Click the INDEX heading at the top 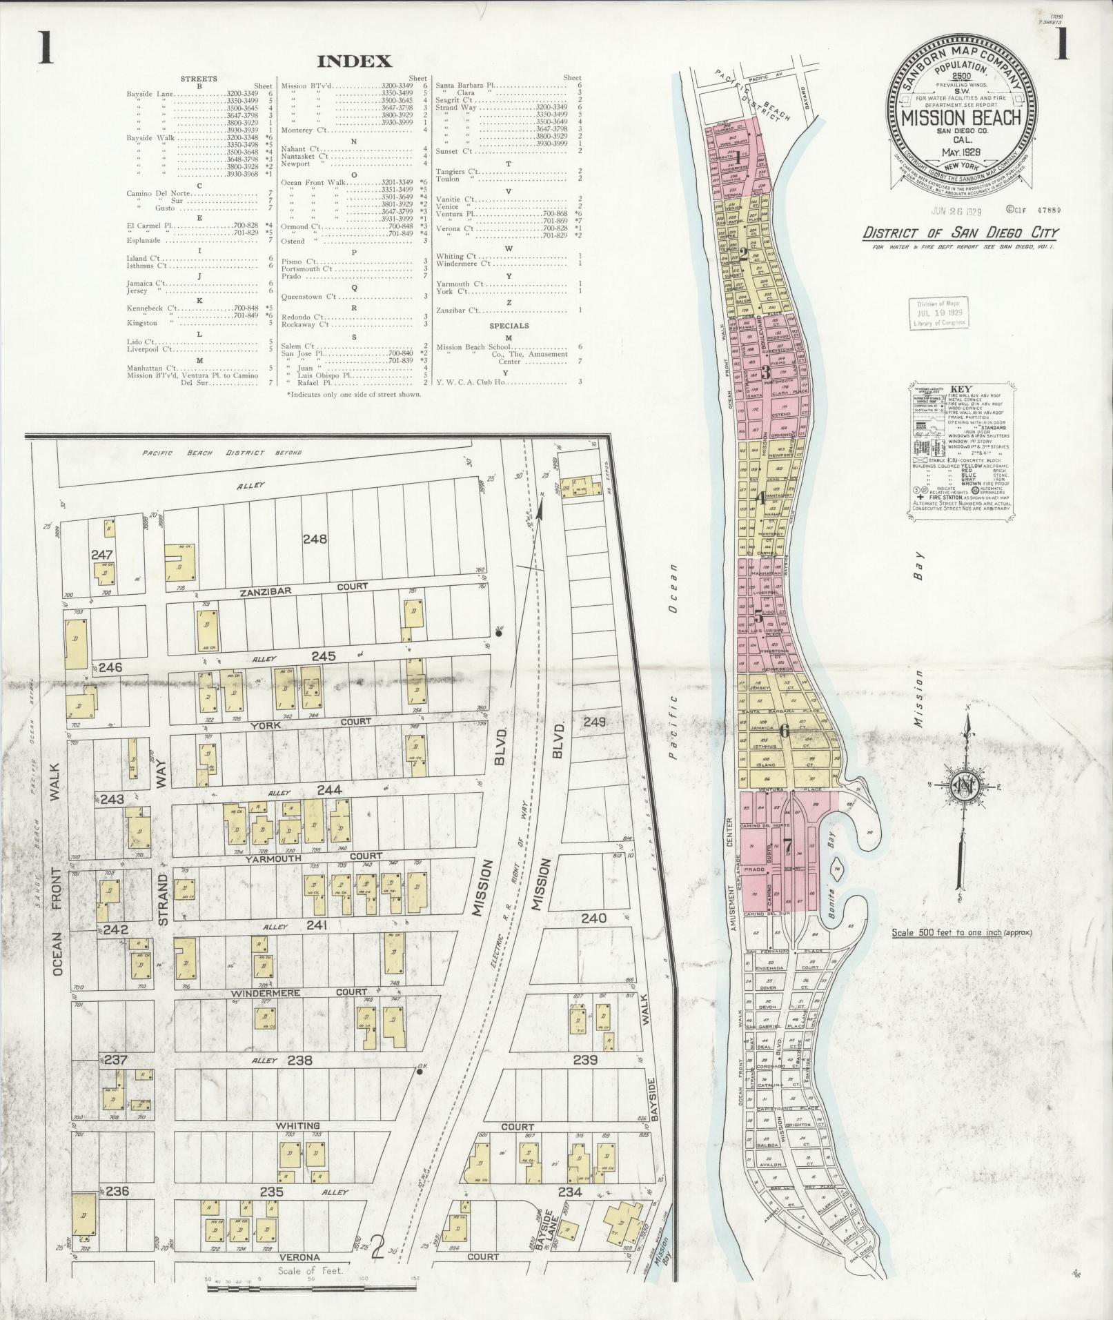pos(354,61)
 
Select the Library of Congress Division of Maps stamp pos(939,313)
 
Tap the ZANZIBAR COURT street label pos(304,586)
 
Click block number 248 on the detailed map pos(319,539)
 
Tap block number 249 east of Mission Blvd pos(594,722)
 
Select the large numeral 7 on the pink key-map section pos(787,845)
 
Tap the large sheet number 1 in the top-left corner pos(46,48)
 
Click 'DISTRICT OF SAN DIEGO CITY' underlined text pos(960,233)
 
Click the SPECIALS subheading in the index pos(509,325)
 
